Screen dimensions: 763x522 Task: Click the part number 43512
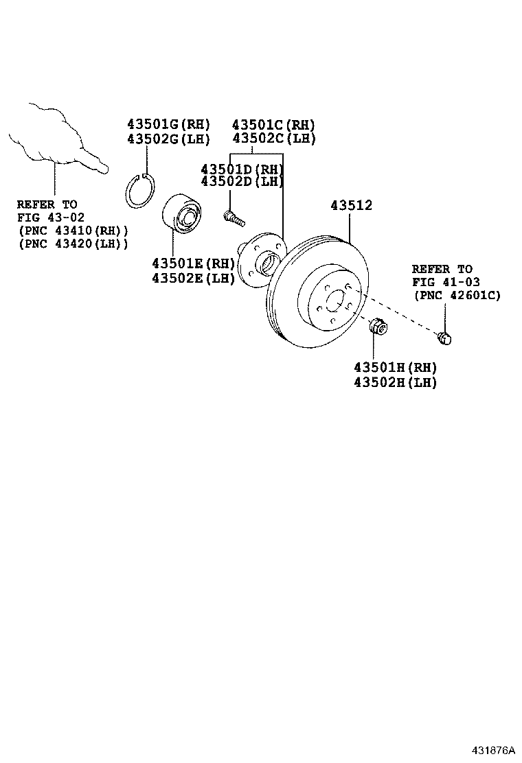[352, 205]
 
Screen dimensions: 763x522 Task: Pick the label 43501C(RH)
[273, 125]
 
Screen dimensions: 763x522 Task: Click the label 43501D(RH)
[242, 169]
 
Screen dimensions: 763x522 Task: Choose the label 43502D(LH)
[242, 181]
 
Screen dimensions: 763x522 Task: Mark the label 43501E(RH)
[193, 263]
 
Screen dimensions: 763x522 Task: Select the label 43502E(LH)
[193, 278]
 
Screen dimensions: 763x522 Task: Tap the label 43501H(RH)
[396, 368]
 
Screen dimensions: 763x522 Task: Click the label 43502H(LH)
[396, 383]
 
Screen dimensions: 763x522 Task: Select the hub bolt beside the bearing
[234, 218]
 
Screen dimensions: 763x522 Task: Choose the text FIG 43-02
[47, 218]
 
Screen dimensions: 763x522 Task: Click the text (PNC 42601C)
[457, 295]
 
